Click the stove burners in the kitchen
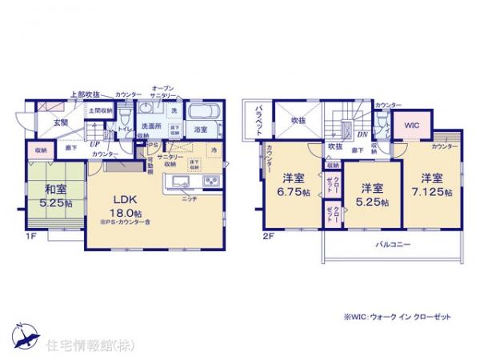[212, 181]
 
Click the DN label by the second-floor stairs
[362, 135]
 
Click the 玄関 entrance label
[62, 122]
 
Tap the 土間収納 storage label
[98, 110]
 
